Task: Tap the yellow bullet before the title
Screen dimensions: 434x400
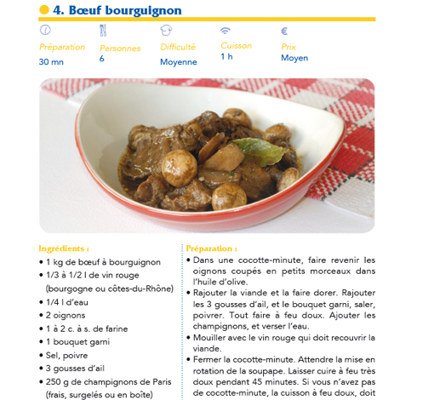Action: pos(44,10)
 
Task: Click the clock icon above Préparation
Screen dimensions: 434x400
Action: pos(45,30)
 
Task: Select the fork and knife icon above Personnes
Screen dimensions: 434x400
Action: pos(104,31)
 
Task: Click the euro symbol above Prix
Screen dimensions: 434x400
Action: pos(284,30)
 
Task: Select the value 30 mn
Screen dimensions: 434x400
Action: pos(51,61)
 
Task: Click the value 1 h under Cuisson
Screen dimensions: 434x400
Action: pos(226,57)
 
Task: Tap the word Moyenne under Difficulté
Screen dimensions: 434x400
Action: pos(178,61)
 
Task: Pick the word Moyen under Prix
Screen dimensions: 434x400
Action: pos(294,58)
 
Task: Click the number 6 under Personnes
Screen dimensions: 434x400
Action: pos(102,59)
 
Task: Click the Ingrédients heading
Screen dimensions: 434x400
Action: pos(64,249)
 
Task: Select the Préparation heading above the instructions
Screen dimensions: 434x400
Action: pos(212,249)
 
